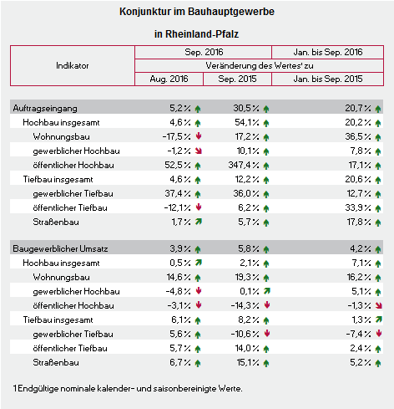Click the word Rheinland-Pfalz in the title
point(202,34)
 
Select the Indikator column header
point(73,65)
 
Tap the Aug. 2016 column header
point(169,79)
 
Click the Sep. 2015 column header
point(237,79)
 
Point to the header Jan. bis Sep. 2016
point(328,52)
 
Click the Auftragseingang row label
point(45,108)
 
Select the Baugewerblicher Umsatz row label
point(60,248)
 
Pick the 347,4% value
point(244,165)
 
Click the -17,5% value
point(177,136)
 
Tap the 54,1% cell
point(247,122)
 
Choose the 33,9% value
point(358,207)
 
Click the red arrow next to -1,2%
point(199,151)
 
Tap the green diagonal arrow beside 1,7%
point(199,222)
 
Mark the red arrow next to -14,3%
point(267,304)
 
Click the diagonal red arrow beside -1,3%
point(378,305)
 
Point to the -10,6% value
point(245,334)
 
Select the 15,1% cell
point(248,362)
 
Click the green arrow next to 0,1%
point(267,291)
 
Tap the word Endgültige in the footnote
point(38,388)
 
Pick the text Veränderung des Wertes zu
point(260,65)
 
